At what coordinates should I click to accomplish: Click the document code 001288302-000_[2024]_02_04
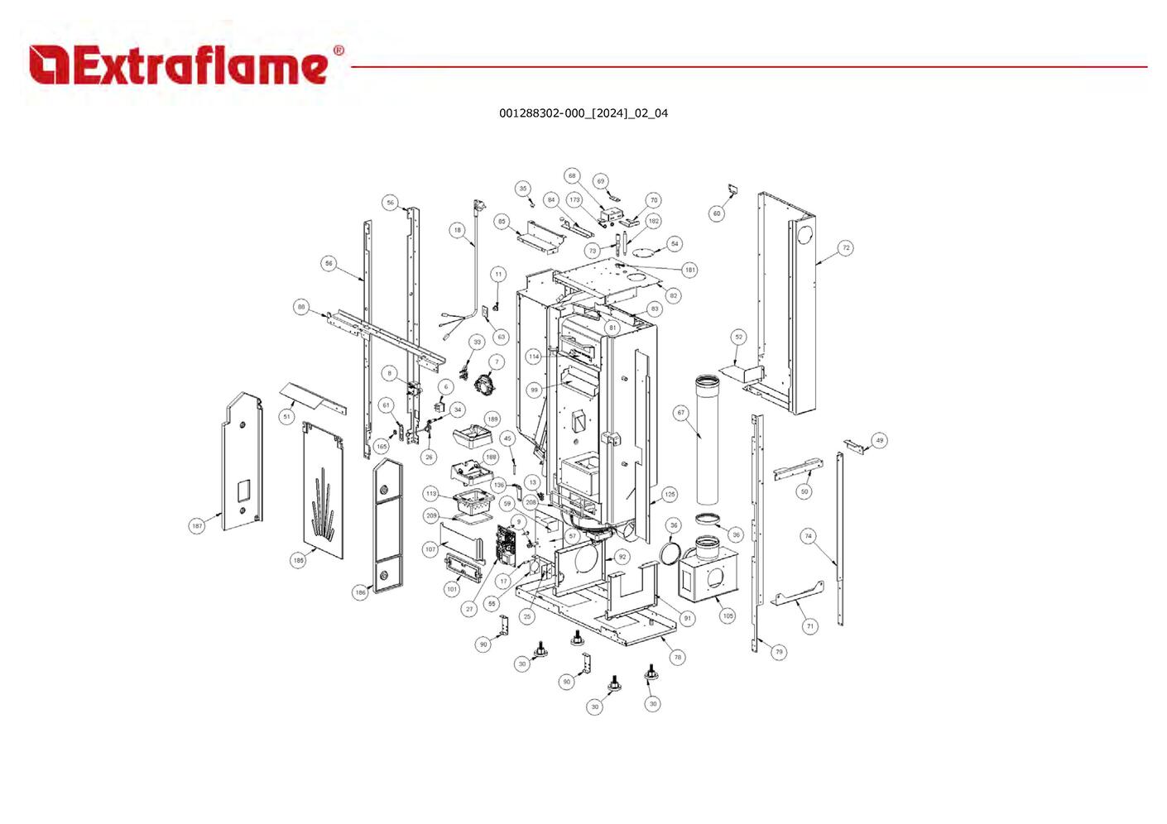coord(583,113)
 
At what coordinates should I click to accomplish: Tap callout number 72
coord(845,247)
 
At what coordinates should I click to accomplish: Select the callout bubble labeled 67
coord(681,412)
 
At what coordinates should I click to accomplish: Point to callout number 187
coord(197,526)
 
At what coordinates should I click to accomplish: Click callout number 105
coord(728,616)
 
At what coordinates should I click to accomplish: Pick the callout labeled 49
coord(879,440)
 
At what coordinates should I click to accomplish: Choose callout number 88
coord(301,307)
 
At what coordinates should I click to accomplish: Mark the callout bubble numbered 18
coord(458,230)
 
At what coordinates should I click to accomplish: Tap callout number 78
coord(678,658)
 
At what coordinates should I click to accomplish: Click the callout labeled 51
coord(286,416)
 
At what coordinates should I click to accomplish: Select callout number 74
coord(809,536)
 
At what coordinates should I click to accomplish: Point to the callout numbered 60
coord(717,213)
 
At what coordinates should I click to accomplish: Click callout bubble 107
coord(430,549)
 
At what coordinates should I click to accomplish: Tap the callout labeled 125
coord(670,494)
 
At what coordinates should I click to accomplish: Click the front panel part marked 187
coord(243,463)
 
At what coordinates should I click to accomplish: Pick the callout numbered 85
coord(502,222)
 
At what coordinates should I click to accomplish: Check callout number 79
coord(779,652)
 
